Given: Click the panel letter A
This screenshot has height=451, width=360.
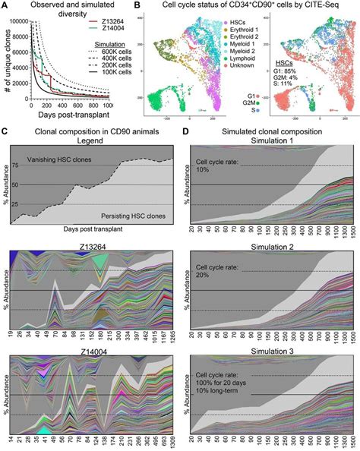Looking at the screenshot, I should click(5, 6).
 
